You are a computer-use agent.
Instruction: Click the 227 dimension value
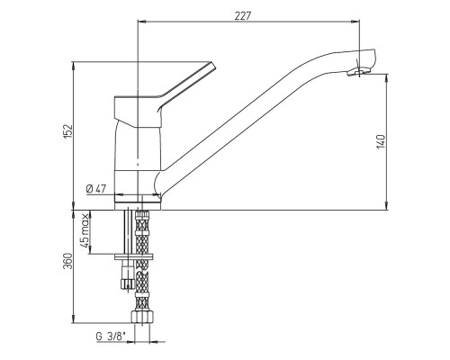[x=242, y=15]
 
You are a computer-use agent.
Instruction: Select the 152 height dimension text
[x=68, y=130]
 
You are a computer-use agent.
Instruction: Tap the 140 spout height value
[x=381, y=141]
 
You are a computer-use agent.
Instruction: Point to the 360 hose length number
[x=68, y=261]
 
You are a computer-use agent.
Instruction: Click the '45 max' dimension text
[x=85, y=230]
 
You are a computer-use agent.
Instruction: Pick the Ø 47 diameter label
[x=96, y=189]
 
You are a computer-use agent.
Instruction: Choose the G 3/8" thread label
[x=111, y=337]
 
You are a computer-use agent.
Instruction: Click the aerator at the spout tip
[x=359, y=72]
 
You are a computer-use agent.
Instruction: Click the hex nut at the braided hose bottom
[x=142, y=317]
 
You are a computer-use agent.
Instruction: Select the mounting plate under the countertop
[x=134, y=256]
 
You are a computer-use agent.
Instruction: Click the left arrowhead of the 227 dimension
[x=141, y=22]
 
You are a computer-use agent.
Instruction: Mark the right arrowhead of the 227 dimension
[x=355, y=22]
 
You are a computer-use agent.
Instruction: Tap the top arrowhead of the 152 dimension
[x=73, y=66]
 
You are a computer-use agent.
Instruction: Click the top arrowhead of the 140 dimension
[x=387, y=77]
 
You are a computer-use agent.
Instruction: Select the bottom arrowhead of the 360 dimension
[x=73, y=319]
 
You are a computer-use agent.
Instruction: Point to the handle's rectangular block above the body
[x=137, y=111]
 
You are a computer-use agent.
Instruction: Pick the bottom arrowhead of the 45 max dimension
[x=91, y=249]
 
